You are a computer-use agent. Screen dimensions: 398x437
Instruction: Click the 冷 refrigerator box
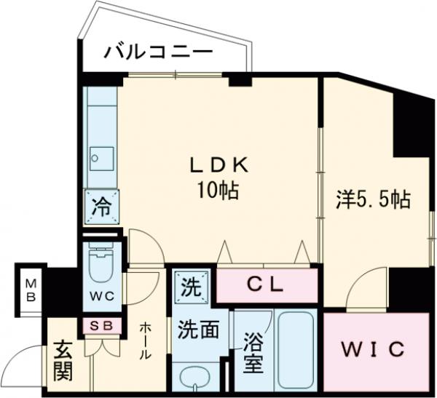point(101,206)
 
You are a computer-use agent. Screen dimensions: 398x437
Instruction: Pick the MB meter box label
point(31,291)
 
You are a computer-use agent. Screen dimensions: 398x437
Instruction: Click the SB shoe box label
point(101,325)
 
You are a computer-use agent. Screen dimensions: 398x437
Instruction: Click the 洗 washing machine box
point(191,285)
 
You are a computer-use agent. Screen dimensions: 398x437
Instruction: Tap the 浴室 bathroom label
point(252,352)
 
